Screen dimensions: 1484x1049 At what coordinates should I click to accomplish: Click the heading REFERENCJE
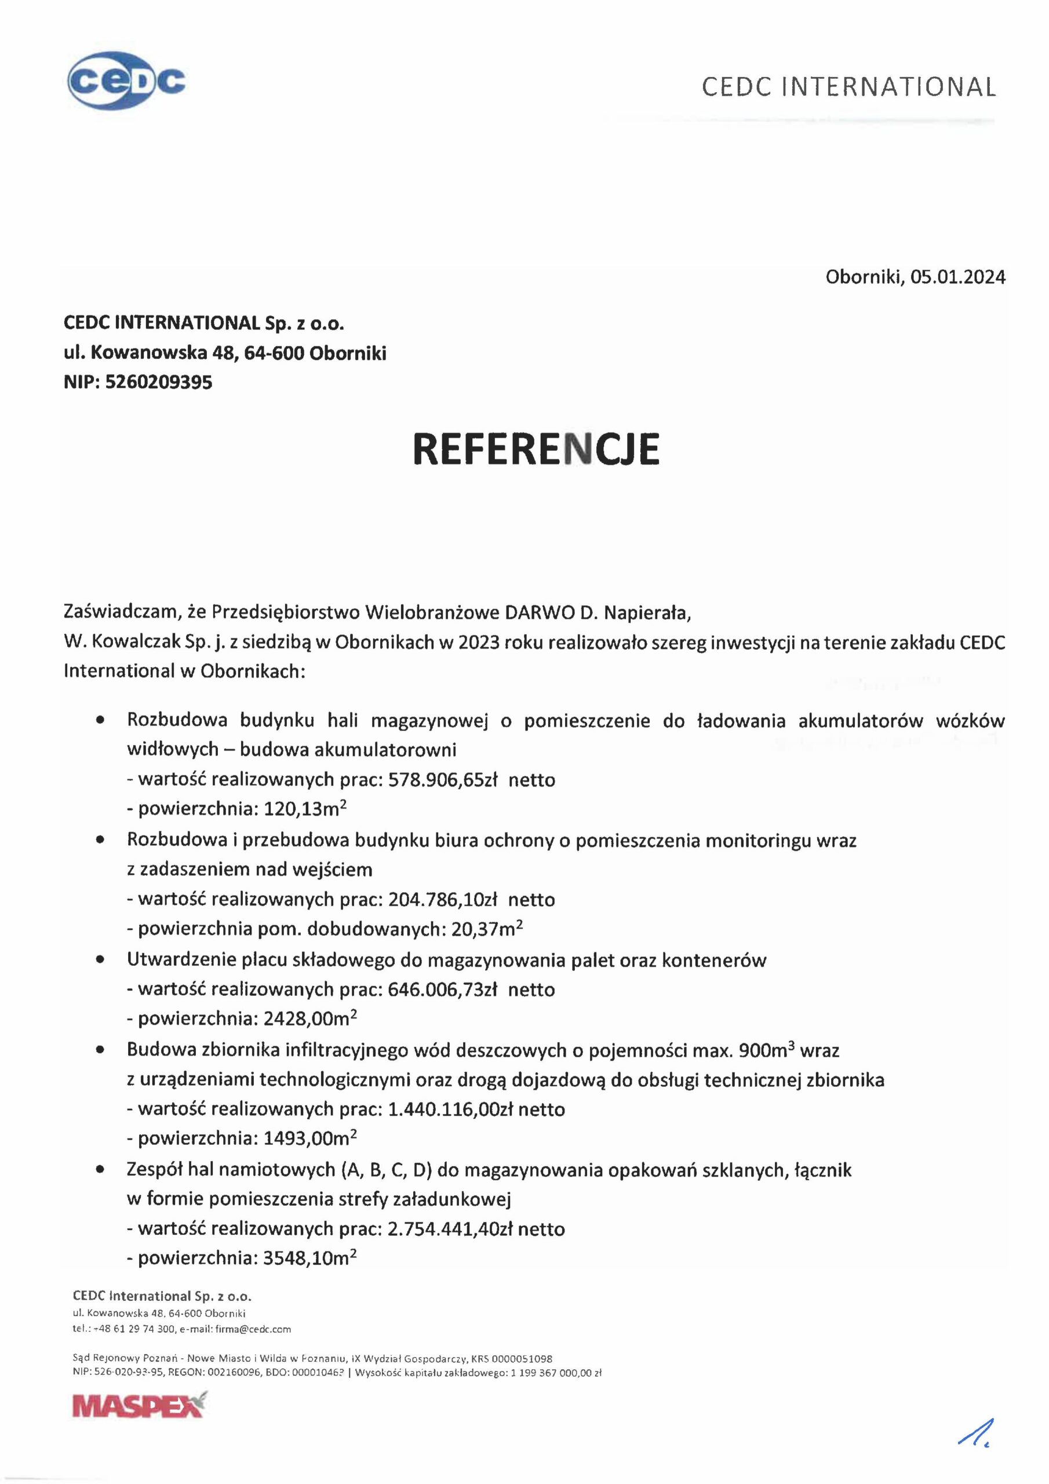[x=536, y=449]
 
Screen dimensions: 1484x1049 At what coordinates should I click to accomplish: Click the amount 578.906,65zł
[x=442, y=780]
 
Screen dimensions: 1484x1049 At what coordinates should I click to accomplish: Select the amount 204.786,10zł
[x=442, y=900]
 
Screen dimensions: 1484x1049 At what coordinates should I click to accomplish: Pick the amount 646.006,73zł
[x=442, y=990]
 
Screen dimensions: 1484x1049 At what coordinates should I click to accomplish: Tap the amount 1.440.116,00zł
[x=450, y=1109]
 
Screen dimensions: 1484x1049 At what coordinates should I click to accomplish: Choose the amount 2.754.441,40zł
[x=450, y=1229]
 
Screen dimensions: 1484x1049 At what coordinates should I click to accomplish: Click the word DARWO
[x=546, y=612]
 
